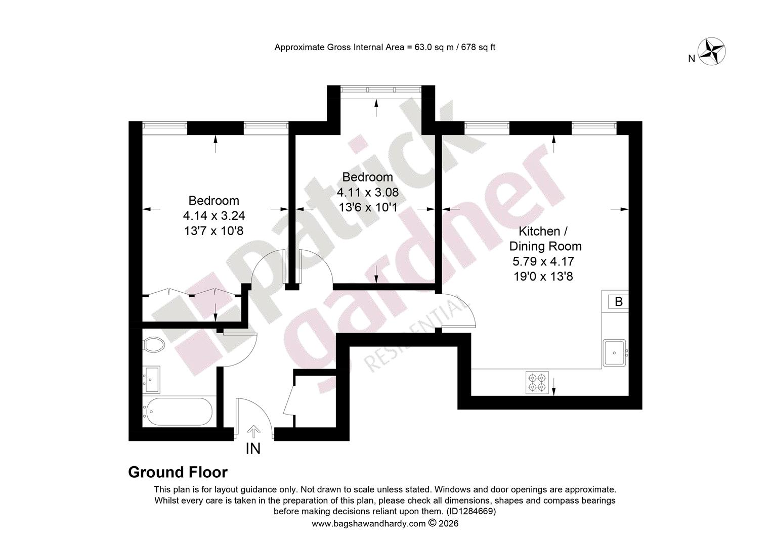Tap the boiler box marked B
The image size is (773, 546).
(618, 301)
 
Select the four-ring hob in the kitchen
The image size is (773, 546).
(537, 382)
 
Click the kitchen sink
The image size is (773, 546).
(614, 353)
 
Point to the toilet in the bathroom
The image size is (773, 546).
(153, 345)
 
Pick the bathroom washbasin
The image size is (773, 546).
(151, 379)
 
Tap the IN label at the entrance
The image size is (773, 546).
(253, 448)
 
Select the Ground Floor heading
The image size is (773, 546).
(178, 472)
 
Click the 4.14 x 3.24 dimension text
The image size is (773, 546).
(214, 215)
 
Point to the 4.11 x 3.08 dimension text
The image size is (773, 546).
(368, 192)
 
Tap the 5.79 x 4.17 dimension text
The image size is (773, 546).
(543, 261)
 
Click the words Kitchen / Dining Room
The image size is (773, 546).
(545, 239)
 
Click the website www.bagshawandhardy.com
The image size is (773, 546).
(368, 524)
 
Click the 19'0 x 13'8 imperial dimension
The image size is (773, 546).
(543, 276)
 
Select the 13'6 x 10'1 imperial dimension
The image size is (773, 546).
(368, 207)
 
